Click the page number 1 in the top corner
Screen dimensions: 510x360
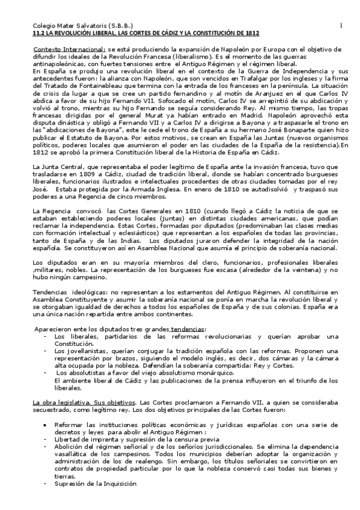(x=340, y=25)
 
